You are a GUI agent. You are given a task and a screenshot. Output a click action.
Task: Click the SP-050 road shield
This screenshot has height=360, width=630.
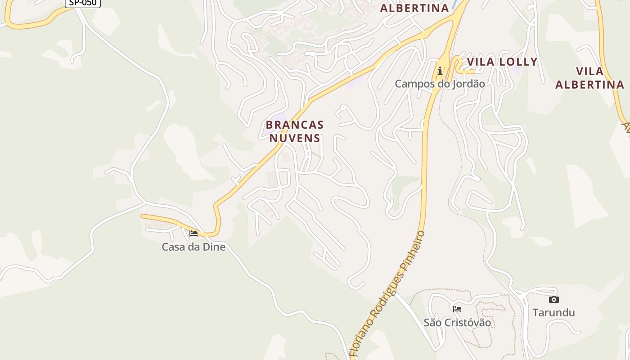pos(83,3)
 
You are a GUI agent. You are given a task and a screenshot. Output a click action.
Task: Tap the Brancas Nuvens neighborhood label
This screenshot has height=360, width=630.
pos(295,131)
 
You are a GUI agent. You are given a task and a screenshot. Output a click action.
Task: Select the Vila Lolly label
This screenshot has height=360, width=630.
pos(502,62)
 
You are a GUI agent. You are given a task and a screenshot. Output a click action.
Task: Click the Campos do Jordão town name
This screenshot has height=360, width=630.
pos(440,84)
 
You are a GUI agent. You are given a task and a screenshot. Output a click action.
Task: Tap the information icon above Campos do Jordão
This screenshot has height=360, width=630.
pos(440,71)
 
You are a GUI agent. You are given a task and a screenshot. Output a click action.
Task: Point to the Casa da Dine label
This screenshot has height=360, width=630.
pos(193,247)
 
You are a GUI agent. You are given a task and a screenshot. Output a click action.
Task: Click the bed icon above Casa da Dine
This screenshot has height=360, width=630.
pos(193,233)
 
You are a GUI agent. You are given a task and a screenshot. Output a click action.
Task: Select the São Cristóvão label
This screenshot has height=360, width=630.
pos(457,323)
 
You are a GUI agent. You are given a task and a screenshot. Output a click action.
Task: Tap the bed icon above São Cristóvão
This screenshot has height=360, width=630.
pos(457,309)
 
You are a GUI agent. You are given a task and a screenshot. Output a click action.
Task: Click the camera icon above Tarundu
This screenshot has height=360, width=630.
pos(553,299)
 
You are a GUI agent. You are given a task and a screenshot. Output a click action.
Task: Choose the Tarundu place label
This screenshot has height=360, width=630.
pos(553,312)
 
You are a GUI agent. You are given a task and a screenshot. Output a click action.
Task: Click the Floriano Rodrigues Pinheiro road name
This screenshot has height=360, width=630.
pos(387,295)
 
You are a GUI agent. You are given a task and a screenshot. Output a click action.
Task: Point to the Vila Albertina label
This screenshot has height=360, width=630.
pos(589,78)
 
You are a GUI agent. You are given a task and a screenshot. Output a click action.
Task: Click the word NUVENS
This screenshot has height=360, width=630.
pos(295,138)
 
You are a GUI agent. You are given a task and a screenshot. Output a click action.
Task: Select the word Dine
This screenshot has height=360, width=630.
pos(214,247)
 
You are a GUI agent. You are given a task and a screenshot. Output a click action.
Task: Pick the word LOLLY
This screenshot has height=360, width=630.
pos(517,62)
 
